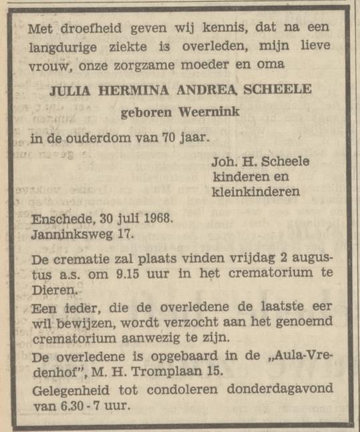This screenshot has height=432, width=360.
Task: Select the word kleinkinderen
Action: pos(256,192)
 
